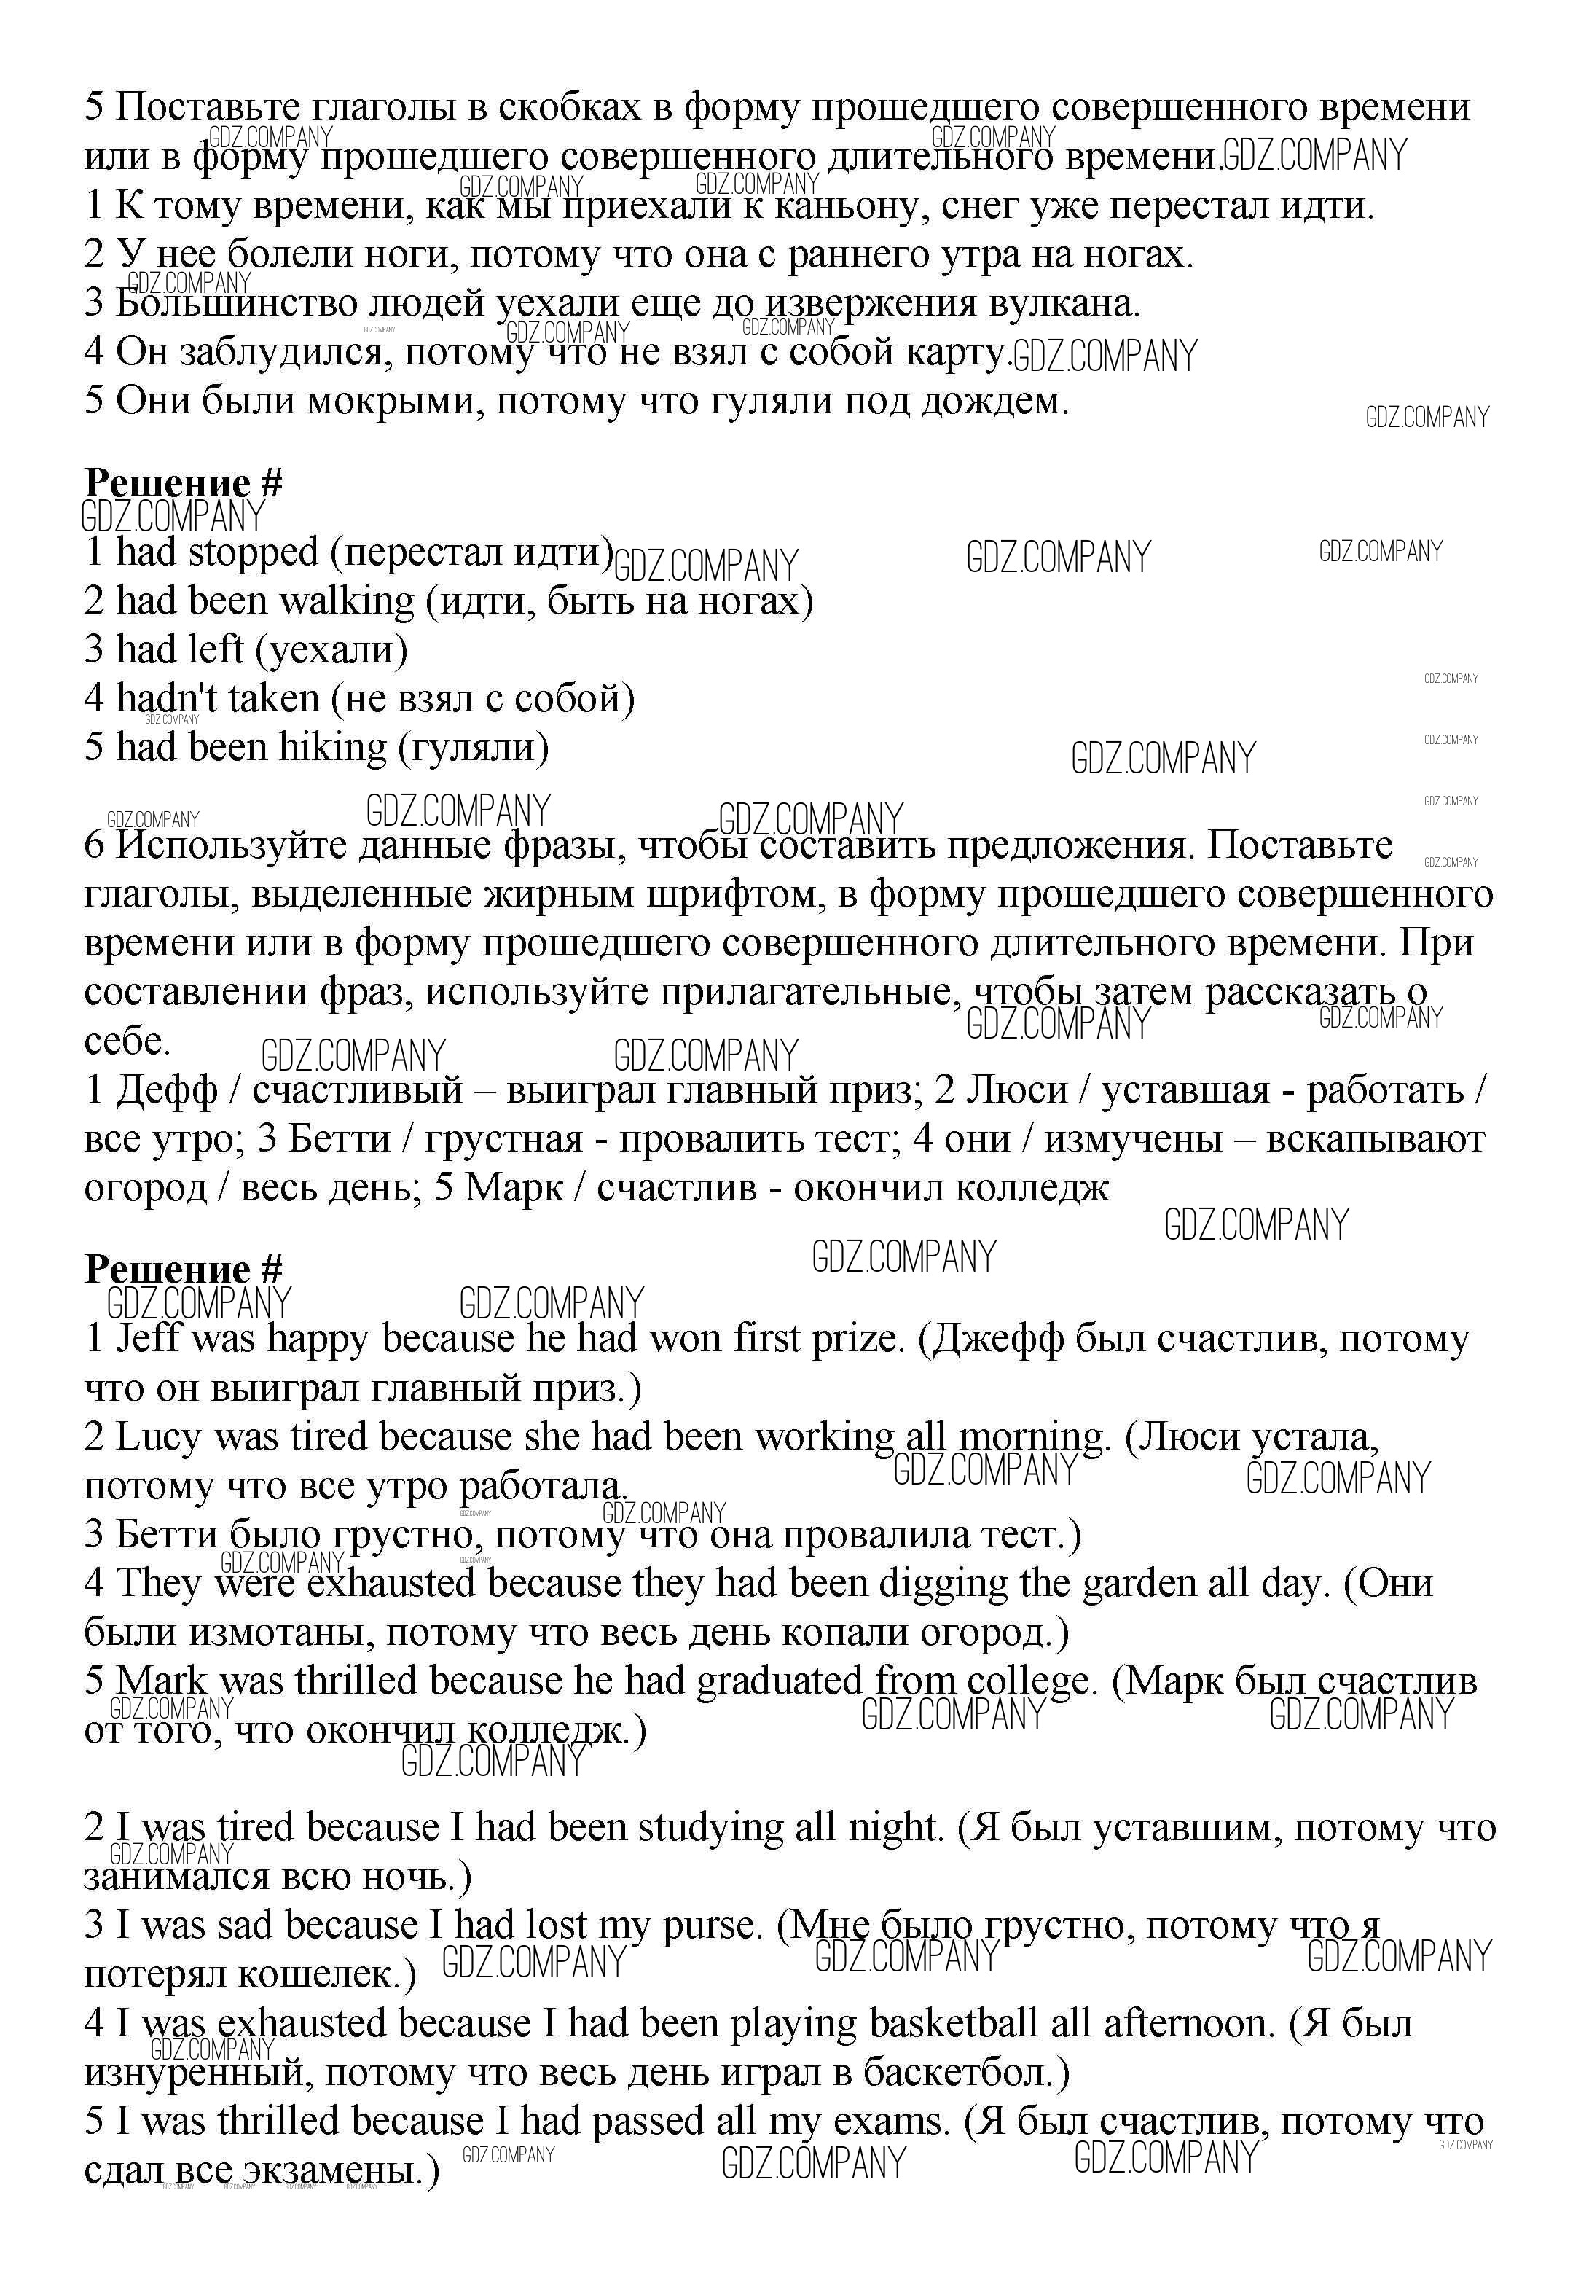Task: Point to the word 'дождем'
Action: pyautogui.click(x=992, y=402)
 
